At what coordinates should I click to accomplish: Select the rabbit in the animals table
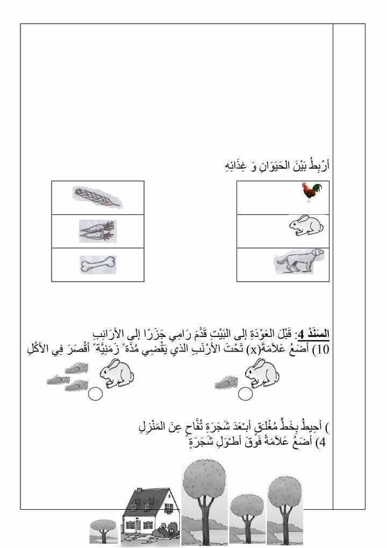[x=306, y=226]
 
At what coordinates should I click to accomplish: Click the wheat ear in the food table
[x=97, y=196]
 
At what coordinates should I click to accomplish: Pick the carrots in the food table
[x=97, y=230]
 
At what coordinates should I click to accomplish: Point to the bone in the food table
[x=98, y=264]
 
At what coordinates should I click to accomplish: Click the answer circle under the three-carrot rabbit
[x=95, y=394]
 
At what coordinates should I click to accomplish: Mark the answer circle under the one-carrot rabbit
[x=246, y=394]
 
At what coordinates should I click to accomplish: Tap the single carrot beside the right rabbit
[x=226, y=382]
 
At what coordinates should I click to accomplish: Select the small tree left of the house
[x=103, y=530]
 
